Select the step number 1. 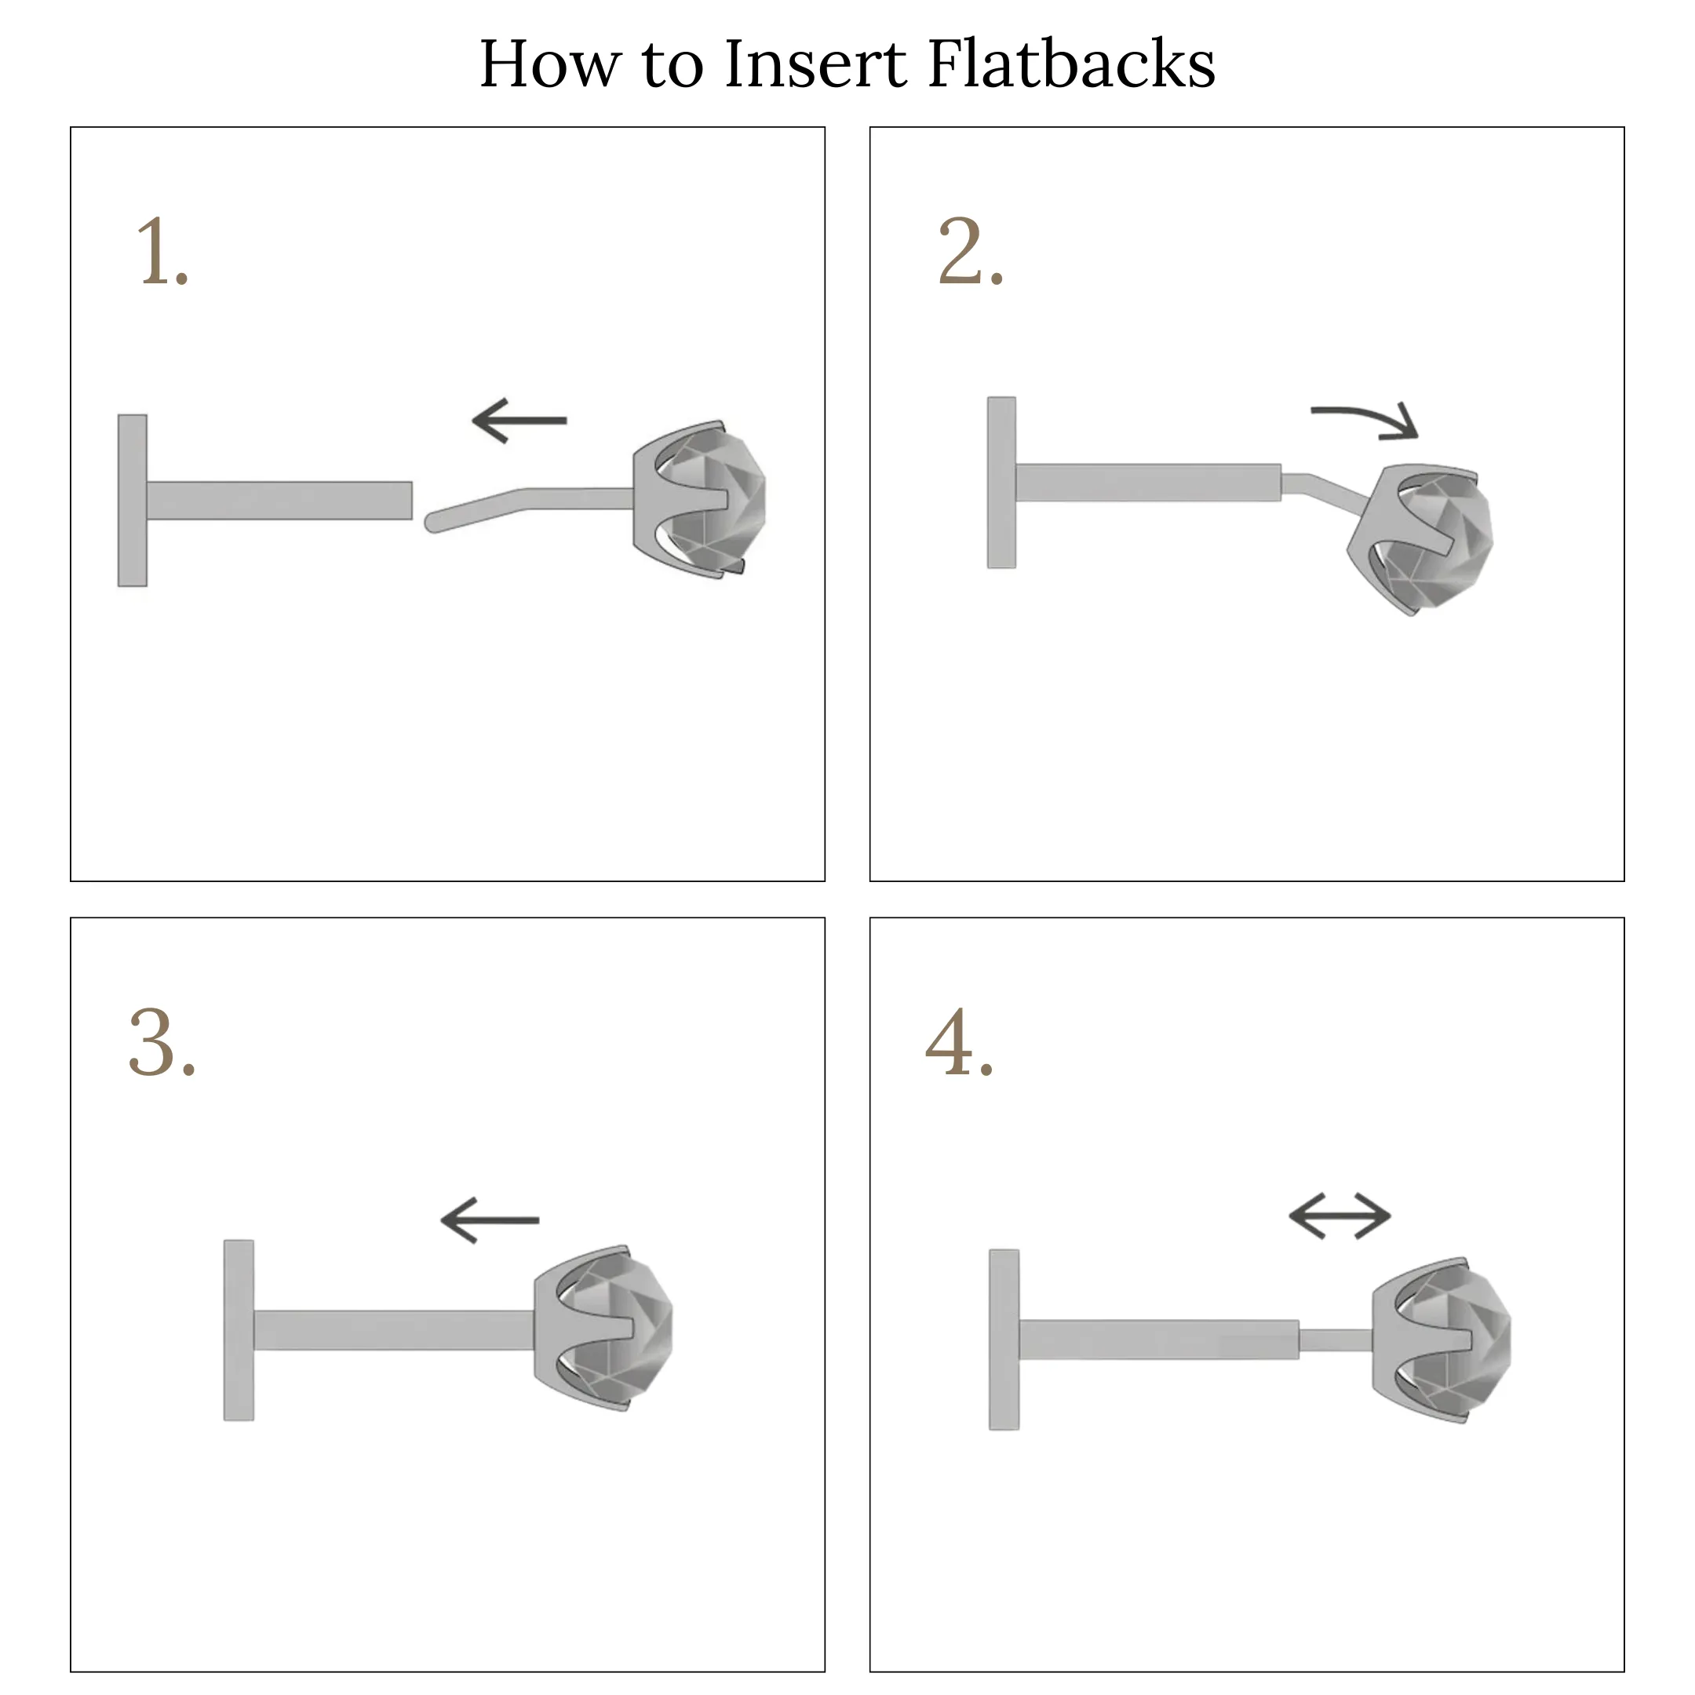(163, 252)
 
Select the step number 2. (971, 252)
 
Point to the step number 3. (162, 1041)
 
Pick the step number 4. (960, 1041)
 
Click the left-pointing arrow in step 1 (519, 421)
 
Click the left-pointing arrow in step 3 (490, 1219)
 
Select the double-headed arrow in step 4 (1340, 1216)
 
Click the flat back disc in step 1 (133, 500)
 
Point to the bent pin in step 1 (527, 501)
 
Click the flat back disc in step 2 (1002, 483)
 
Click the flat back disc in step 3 (239, 1330)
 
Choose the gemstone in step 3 (616, 1326)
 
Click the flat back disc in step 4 (1004, 1340)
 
